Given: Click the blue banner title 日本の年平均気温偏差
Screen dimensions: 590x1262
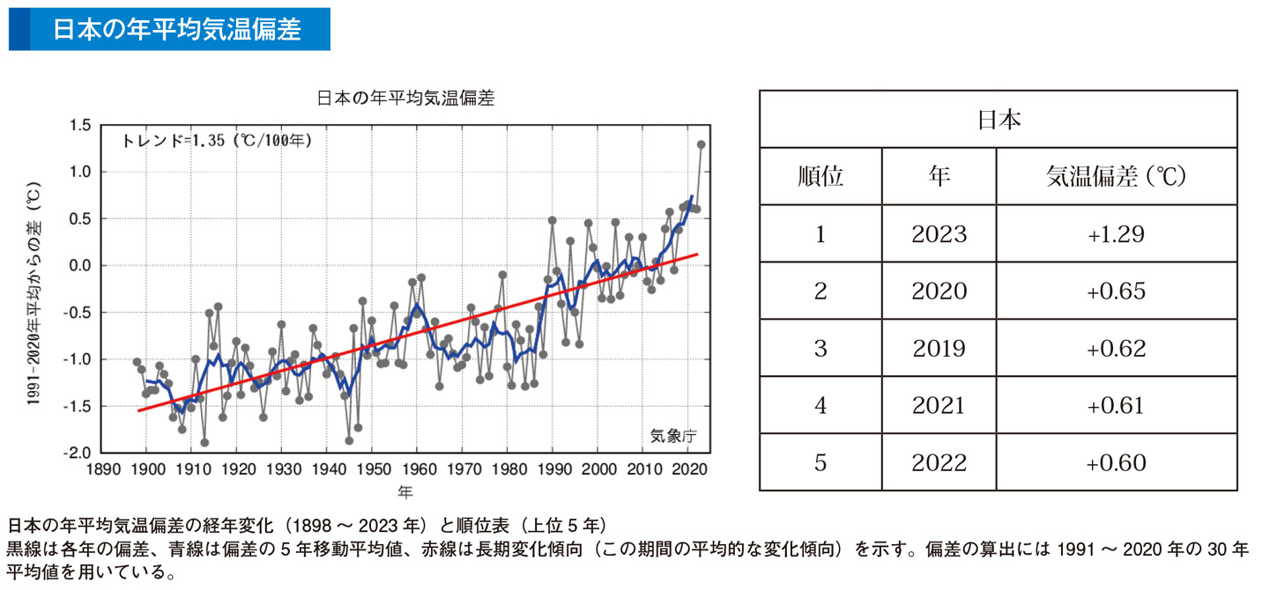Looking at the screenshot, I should [176, 29].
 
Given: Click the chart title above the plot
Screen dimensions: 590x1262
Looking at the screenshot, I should [405, 99].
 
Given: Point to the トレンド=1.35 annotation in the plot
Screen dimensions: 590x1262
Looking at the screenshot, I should [216, 140].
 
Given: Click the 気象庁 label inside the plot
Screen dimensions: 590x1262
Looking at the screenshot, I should [673, 435].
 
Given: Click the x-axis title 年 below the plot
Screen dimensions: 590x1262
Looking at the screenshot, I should [405, 490].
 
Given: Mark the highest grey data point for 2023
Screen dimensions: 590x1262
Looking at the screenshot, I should [702, 144].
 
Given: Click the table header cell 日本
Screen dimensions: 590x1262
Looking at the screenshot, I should [998, 120].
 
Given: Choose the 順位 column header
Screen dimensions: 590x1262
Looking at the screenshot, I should [820, 177].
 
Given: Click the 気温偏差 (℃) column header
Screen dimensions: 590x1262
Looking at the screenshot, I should [1116, 177].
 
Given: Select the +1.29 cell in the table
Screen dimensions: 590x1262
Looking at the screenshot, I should [1116, 234].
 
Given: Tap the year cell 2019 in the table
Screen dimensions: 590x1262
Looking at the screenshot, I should [939, 348].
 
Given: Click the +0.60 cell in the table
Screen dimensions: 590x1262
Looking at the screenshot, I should [1116, 462].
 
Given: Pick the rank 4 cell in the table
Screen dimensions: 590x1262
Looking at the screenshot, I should [820, 405].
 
